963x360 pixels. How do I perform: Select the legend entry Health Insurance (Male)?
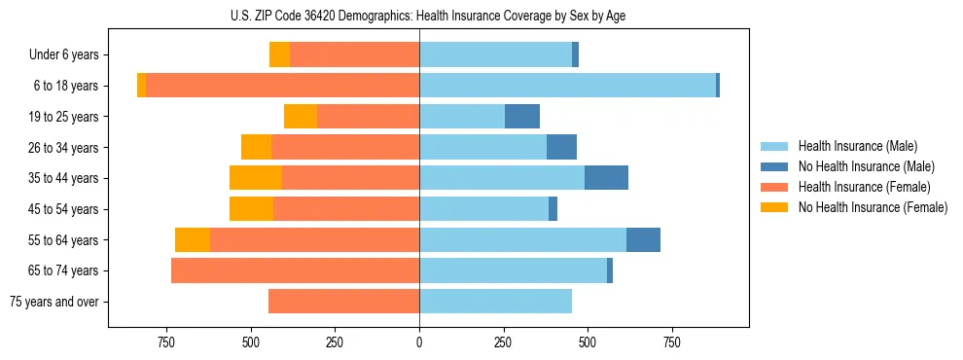[x=857, y=146]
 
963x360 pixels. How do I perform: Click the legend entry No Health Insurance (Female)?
[x=873, y=207]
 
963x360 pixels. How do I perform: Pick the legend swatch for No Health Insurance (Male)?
[x=774, y=166]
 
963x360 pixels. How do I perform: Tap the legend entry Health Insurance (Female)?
[x=864, y=187]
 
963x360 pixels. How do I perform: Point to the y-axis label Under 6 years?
[x=63, y=55]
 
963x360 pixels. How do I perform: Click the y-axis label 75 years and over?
[x=53, y=302]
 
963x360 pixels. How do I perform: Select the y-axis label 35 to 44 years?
[x=63, y=178]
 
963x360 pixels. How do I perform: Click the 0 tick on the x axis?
[x=419, y=342]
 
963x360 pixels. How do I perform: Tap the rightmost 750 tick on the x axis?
[x=671, y=342]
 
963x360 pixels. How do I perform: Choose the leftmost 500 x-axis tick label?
[x=251, y=342]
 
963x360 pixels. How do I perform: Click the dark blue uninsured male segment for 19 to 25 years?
[x=522, y=117]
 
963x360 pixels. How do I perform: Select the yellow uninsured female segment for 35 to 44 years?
[x=256, y=178]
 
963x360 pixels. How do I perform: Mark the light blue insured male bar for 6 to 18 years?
[x=567, y=86]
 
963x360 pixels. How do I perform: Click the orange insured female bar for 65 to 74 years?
[x=295, y=270]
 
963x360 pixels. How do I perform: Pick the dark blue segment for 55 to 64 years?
[x=643, y=239]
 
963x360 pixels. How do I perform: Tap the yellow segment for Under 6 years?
[x=279, y=55]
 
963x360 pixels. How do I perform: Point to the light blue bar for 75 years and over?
[x=495, y=302]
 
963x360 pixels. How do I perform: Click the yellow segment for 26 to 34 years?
[x=256, y=147]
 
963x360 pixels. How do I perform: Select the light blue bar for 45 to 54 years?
[x=483, y=209]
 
